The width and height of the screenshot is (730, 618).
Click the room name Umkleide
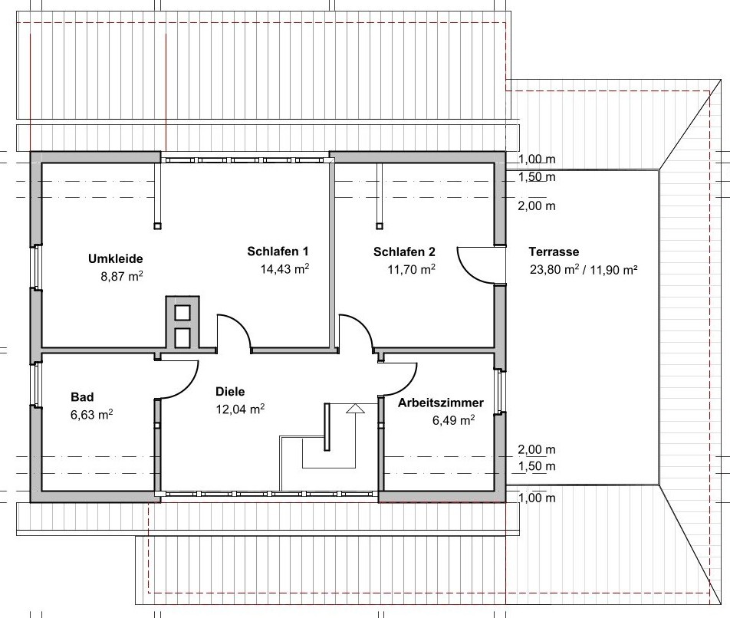click(116, 258)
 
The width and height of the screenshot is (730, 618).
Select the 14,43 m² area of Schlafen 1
click(284, 268)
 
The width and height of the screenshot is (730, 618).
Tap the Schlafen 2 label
click(404, 251)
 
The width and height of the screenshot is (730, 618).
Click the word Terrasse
click(554, 251)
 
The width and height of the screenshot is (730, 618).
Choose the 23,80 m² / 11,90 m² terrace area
click(584, 269)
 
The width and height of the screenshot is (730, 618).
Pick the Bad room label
click(82, 396)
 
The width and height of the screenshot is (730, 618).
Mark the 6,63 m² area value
click(90, 414)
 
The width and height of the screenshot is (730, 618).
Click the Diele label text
click(230, 391)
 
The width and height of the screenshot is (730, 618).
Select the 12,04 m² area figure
click(240, 409)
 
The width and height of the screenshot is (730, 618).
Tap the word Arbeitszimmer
click(440, 402)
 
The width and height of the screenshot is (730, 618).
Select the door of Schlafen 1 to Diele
click(235, 330)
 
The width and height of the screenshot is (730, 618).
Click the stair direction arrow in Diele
click(353, 409)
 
